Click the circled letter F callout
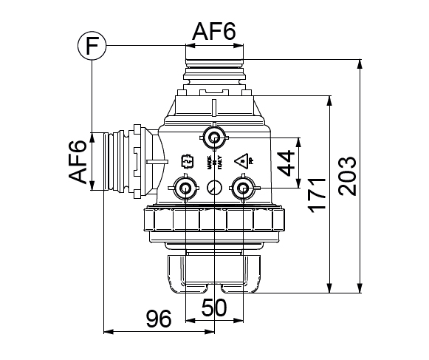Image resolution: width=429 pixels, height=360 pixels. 91,46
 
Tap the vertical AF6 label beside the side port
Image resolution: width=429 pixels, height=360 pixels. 80,162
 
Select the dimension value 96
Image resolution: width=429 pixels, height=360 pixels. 157,319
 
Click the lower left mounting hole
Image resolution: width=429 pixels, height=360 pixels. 183,188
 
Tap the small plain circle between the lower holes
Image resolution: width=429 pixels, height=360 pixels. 213,188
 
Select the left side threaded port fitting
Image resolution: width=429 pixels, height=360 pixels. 122,162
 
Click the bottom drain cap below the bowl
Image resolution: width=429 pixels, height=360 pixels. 214,272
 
